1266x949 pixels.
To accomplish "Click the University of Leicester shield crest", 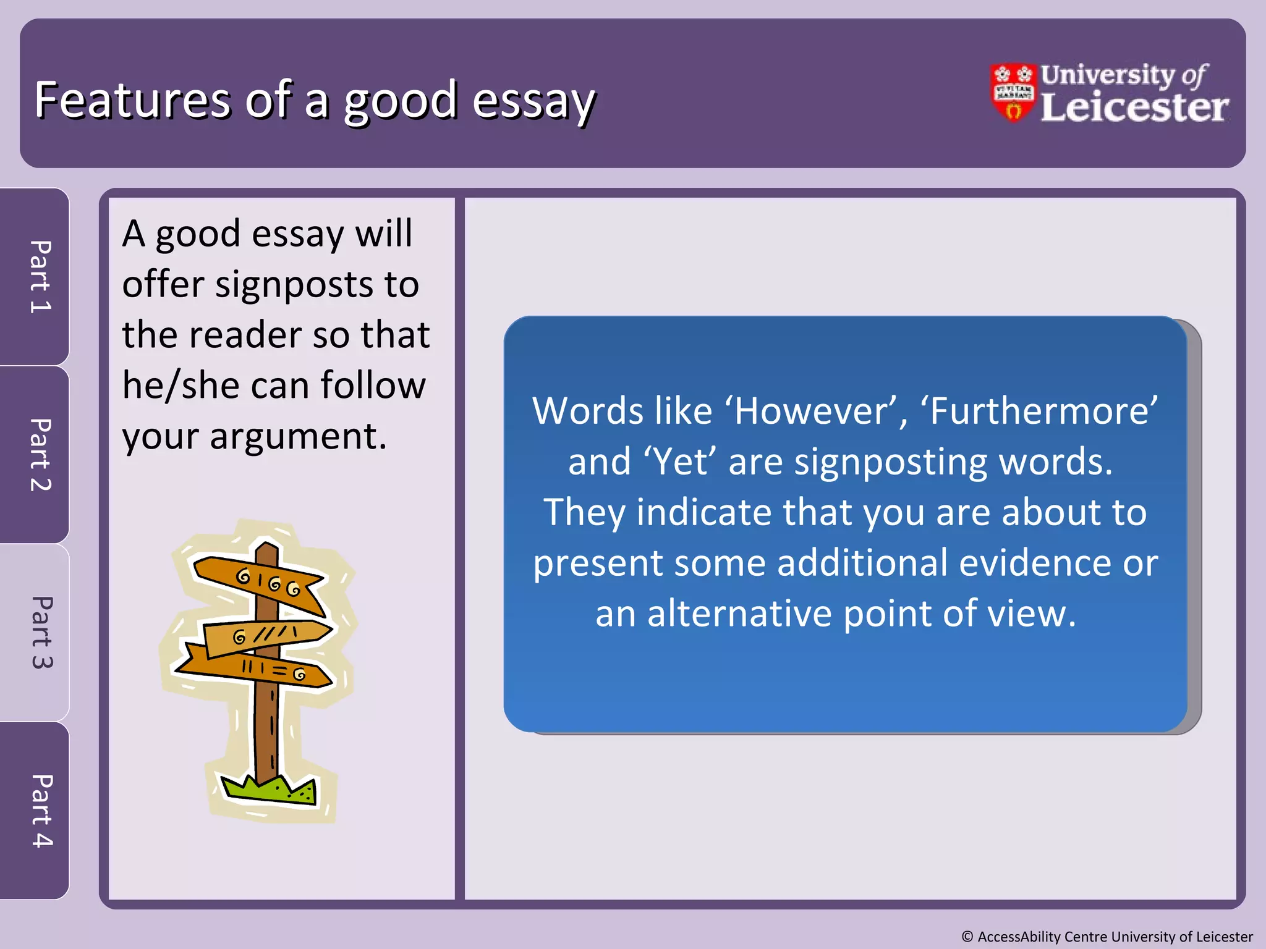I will [x=1013, y=93].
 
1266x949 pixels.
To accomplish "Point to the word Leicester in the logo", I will [x=1134, y=108].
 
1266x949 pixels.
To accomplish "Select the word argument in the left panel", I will [x=298, y=436].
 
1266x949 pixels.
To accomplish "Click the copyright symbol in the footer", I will [x=967, y=937].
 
